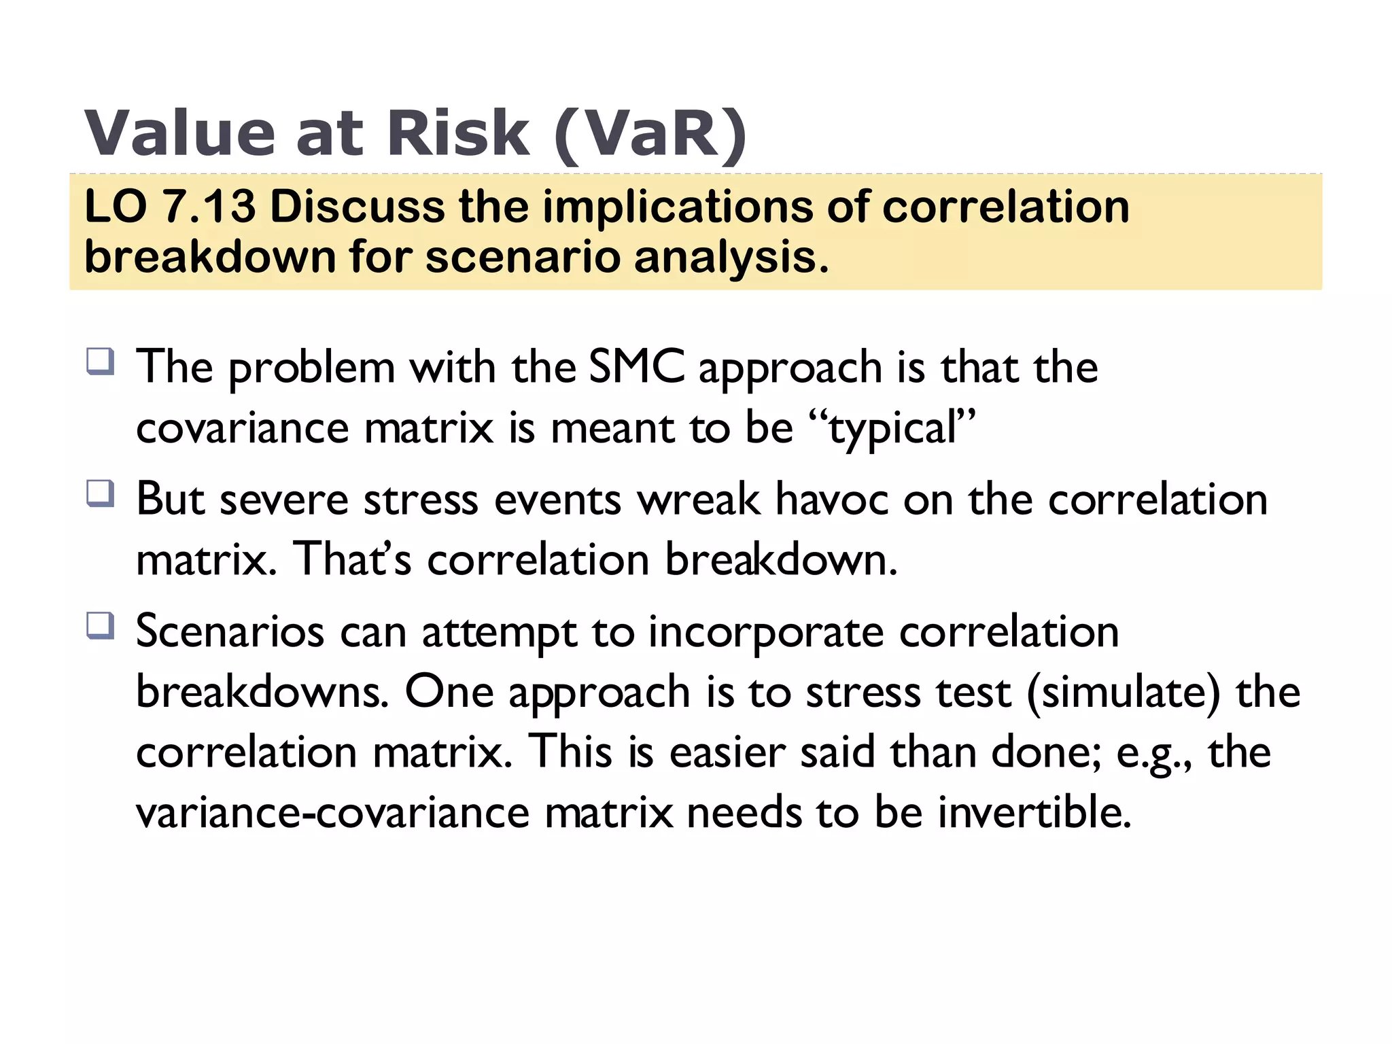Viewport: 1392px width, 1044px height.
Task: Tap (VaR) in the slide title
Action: tap(650, 135)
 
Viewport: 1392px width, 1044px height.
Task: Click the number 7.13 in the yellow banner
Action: tap(210, 207)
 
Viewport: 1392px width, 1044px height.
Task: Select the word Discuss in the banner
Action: tap(357, 207)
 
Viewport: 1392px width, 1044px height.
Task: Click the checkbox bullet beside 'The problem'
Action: tap(100, 361)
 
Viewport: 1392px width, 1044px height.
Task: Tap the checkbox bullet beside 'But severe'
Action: tap(100, 493)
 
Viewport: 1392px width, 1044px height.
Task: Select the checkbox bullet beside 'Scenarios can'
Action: tap(100, 625)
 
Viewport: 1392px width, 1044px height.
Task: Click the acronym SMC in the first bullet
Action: tap(636, 367)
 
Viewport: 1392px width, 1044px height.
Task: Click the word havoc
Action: tap(831, 500)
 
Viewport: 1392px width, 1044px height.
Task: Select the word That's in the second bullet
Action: tap(352, 559)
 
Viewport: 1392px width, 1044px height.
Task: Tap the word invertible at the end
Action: tap(1034, 812)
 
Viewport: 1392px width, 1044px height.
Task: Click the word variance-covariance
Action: tap(332, 812)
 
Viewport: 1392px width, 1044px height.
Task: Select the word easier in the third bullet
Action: tap(727, 753)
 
